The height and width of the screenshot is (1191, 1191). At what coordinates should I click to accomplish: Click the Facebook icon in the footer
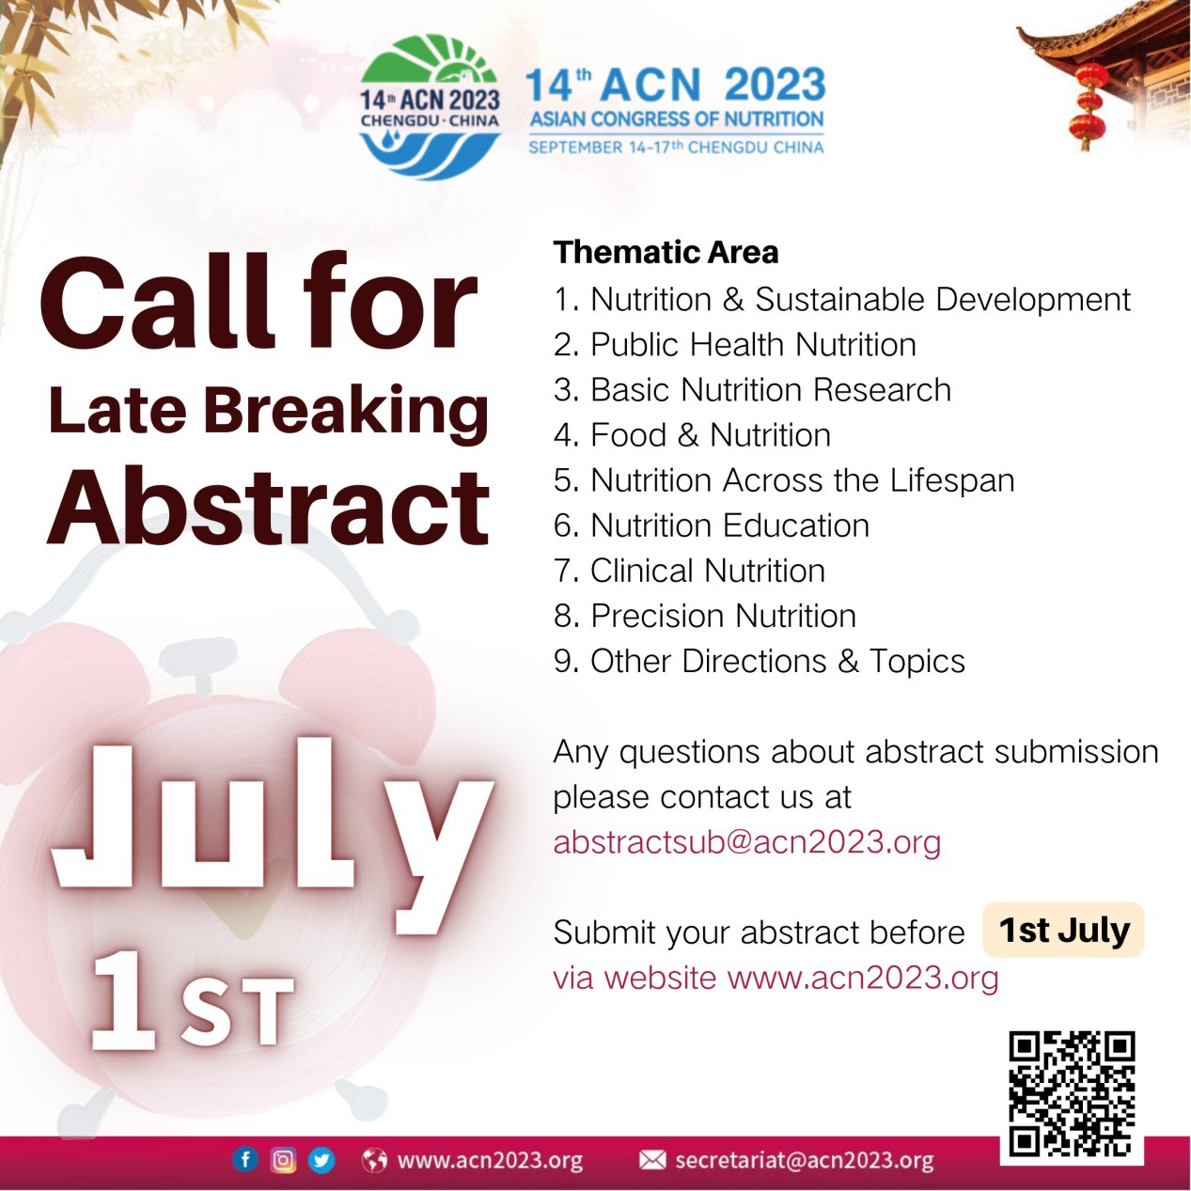[x=245, y=1159]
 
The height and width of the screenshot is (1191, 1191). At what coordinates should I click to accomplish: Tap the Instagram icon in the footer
[x=283, y=1159]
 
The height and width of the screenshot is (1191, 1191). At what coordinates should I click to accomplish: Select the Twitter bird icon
[x=321, y=1159]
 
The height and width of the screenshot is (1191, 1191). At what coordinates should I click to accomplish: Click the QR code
[x=1072, y=1093]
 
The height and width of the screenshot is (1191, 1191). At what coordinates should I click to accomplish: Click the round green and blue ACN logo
[x=430, y=107]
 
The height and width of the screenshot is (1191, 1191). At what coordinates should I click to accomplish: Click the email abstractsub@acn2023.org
[x=746, y=841]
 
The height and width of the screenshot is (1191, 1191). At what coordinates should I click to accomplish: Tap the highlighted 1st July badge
[x=1063, y=930]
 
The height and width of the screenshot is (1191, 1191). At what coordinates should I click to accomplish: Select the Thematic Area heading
[x=666, y=252]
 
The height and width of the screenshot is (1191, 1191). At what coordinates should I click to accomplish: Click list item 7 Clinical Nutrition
[x=689, y=571]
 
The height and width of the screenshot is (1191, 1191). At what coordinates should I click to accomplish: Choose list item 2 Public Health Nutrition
[x=734, y=345]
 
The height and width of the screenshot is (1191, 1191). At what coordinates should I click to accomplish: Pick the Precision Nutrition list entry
[x=705, y=616]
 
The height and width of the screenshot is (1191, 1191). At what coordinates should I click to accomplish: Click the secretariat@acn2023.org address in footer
[x=804, y=1160]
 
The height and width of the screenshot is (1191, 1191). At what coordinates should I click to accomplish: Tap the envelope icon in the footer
[x=652, y=1160]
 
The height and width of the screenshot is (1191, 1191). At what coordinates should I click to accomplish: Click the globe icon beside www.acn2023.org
[x=374, y=1160]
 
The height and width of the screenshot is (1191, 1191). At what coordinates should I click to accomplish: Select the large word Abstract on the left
[x=269, y=508]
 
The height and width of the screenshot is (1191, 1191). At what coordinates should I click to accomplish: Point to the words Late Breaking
[x=269, y=411]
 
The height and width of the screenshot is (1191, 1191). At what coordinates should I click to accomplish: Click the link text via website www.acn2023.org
[x=776, y=978]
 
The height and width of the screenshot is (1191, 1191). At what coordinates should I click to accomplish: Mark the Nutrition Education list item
[x=712, y=525]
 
